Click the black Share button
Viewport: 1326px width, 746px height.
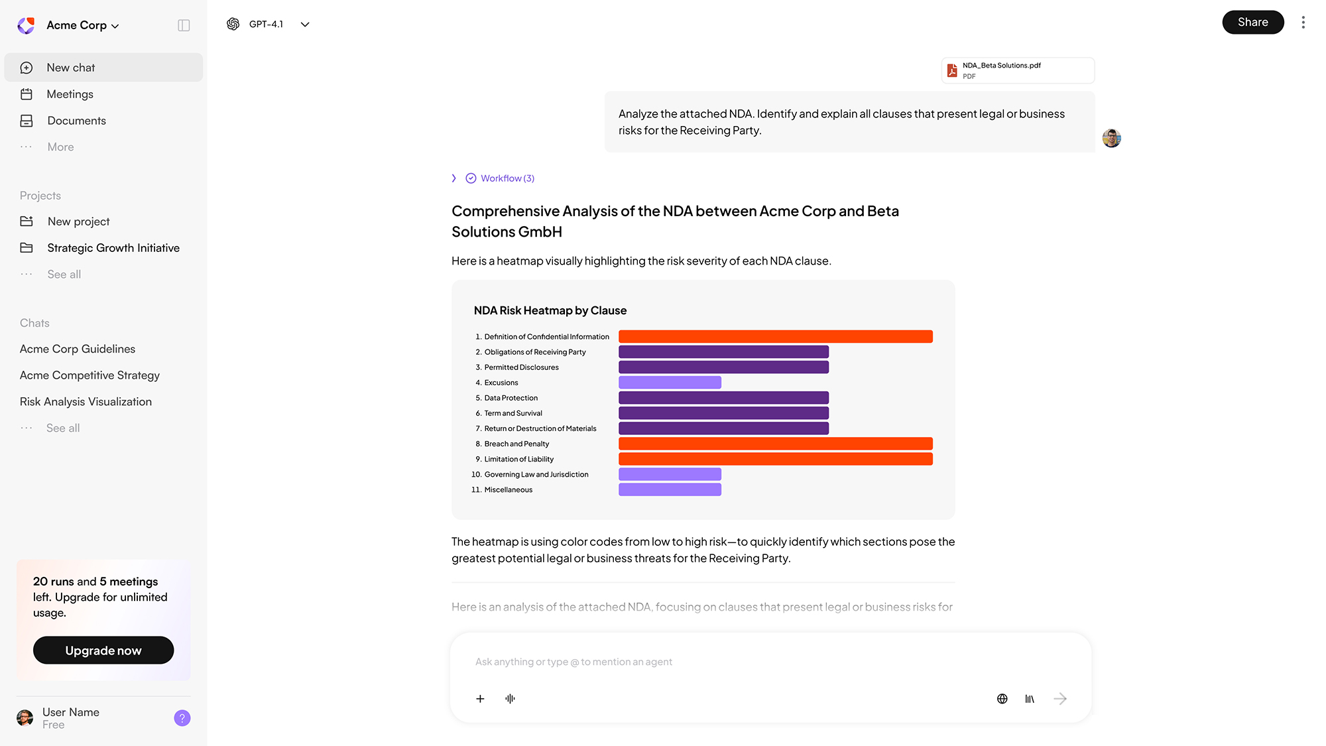point(1252,23)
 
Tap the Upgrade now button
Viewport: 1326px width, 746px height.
point(103,651)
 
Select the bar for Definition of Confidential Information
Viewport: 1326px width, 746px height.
point(775,337)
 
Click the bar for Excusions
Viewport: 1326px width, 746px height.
point(670,383)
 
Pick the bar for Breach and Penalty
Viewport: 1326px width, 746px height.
point(775,444)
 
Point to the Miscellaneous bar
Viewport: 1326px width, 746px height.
point(670,490)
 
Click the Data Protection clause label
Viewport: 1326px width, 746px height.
point(511,398)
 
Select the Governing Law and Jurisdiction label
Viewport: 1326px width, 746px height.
point(536,475)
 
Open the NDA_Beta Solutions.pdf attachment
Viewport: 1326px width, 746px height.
point(1017,70)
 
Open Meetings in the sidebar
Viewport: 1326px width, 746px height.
point(70,94)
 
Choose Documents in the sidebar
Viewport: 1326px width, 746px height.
point(76,121)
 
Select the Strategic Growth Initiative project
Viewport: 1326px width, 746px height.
point(113,248)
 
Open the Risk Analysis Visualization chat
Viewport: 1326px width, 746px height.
point(86,402)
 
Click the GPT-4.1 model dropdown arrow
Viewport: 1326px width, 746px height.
point(305,25)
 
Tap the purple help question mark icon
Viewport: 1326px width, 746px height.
point(182,718)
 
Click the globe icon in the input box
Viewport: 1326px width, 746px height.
point(1002,699)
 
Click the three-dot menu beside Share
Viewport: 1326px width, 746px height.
point(1303,23)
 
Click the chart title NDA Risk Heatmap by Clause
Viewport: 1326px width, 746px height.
point(550,311)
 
